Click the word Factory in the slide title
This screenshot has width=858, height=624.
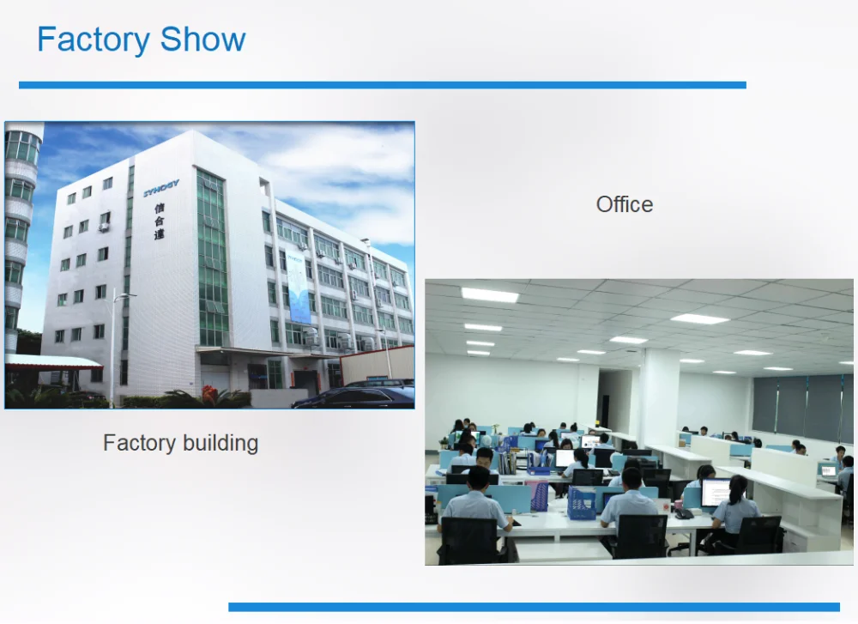tap(94, 39)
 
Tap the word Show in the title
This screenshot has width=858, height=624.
tap(203, 39)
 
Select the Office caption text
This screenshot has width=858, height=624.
tap(625, 204)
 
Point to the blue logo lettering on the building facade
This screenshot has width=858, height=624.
tap(161, 188)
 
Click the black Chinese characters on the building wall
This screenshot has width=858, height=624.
tap(160, 221)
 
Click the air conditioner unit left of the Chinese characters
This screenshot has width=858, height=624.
tap(104, 227)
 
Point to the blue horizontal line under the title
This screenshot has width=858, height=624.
tap(383, 85)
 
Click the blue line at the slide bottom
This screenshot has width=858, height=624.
tap(534, 607)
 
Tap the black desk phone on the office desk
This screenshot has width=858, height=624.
tap(684, 513)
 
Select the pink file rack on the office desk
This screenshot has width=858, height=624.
tap(537, 495)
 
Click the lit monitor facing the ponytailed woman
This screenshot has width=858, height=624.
tap(716, 493)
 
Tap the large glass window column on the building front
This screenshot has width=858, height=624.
tap(212, 257)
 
